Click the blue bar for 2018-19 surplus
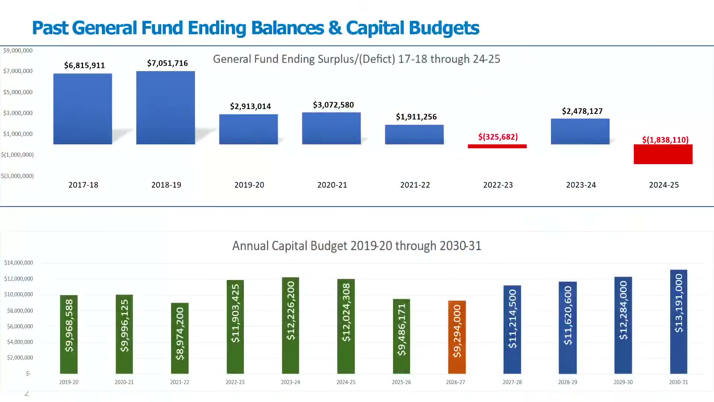point(165,108)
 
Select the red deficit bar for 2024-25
point(663,154)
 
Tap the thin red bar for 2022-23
point(497,146)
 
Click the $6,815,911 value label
point(84,66)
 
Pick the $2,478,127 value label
point(582,111)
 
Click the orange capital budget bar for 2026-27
point(457,337)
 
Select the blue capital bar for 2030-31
point(679,322)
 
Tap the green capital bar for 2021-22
point(180,338)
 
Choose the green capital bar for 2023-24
point(290,325)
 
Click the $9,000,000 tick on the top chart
point(18,51)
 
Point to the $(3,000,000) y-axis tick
point(17,176)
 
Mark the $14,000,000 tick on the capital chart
point(19,263)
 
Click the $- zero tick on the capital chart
point(28,373)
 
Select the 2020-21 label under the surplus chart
point(332,185)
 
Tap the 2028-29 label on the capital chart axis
point(567,382)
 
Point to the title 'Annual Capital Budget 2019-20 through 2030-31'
point(357,246)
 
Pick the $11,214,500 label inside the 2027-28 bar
point(512,319)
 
